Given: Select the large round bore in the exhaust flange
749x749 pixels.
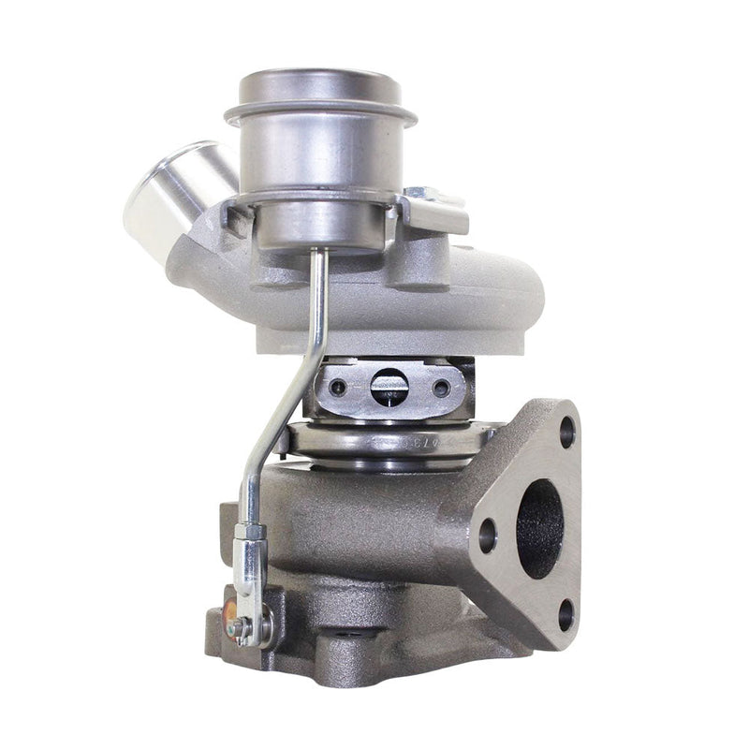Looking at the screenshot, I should click(x=539, y=528).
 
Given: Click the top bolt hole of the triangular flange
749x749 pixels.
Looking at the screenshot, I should click(x=566, y=432).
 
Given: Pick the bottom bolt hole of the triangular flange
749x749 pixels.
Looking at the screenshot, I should click(x=565, y=614).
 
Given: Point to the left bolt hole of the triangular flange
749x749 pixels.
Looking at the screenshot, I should click(x=487, y=535).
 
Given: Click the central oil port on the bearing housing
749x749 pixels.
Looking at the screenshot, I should click(x=389, y=386).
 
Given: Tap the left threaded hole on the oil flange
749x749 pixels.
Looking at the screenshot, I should click(x=338, y=387).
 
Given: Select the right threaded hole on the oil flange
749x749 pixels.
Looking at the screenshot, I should click(x=441, y=387).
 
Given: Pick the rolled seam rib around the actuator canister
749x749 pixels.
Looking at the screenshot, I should click(x=319, y=118).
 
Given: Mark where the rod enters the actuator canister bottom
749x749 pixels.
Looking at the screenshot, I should click(x=316, y=251).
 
